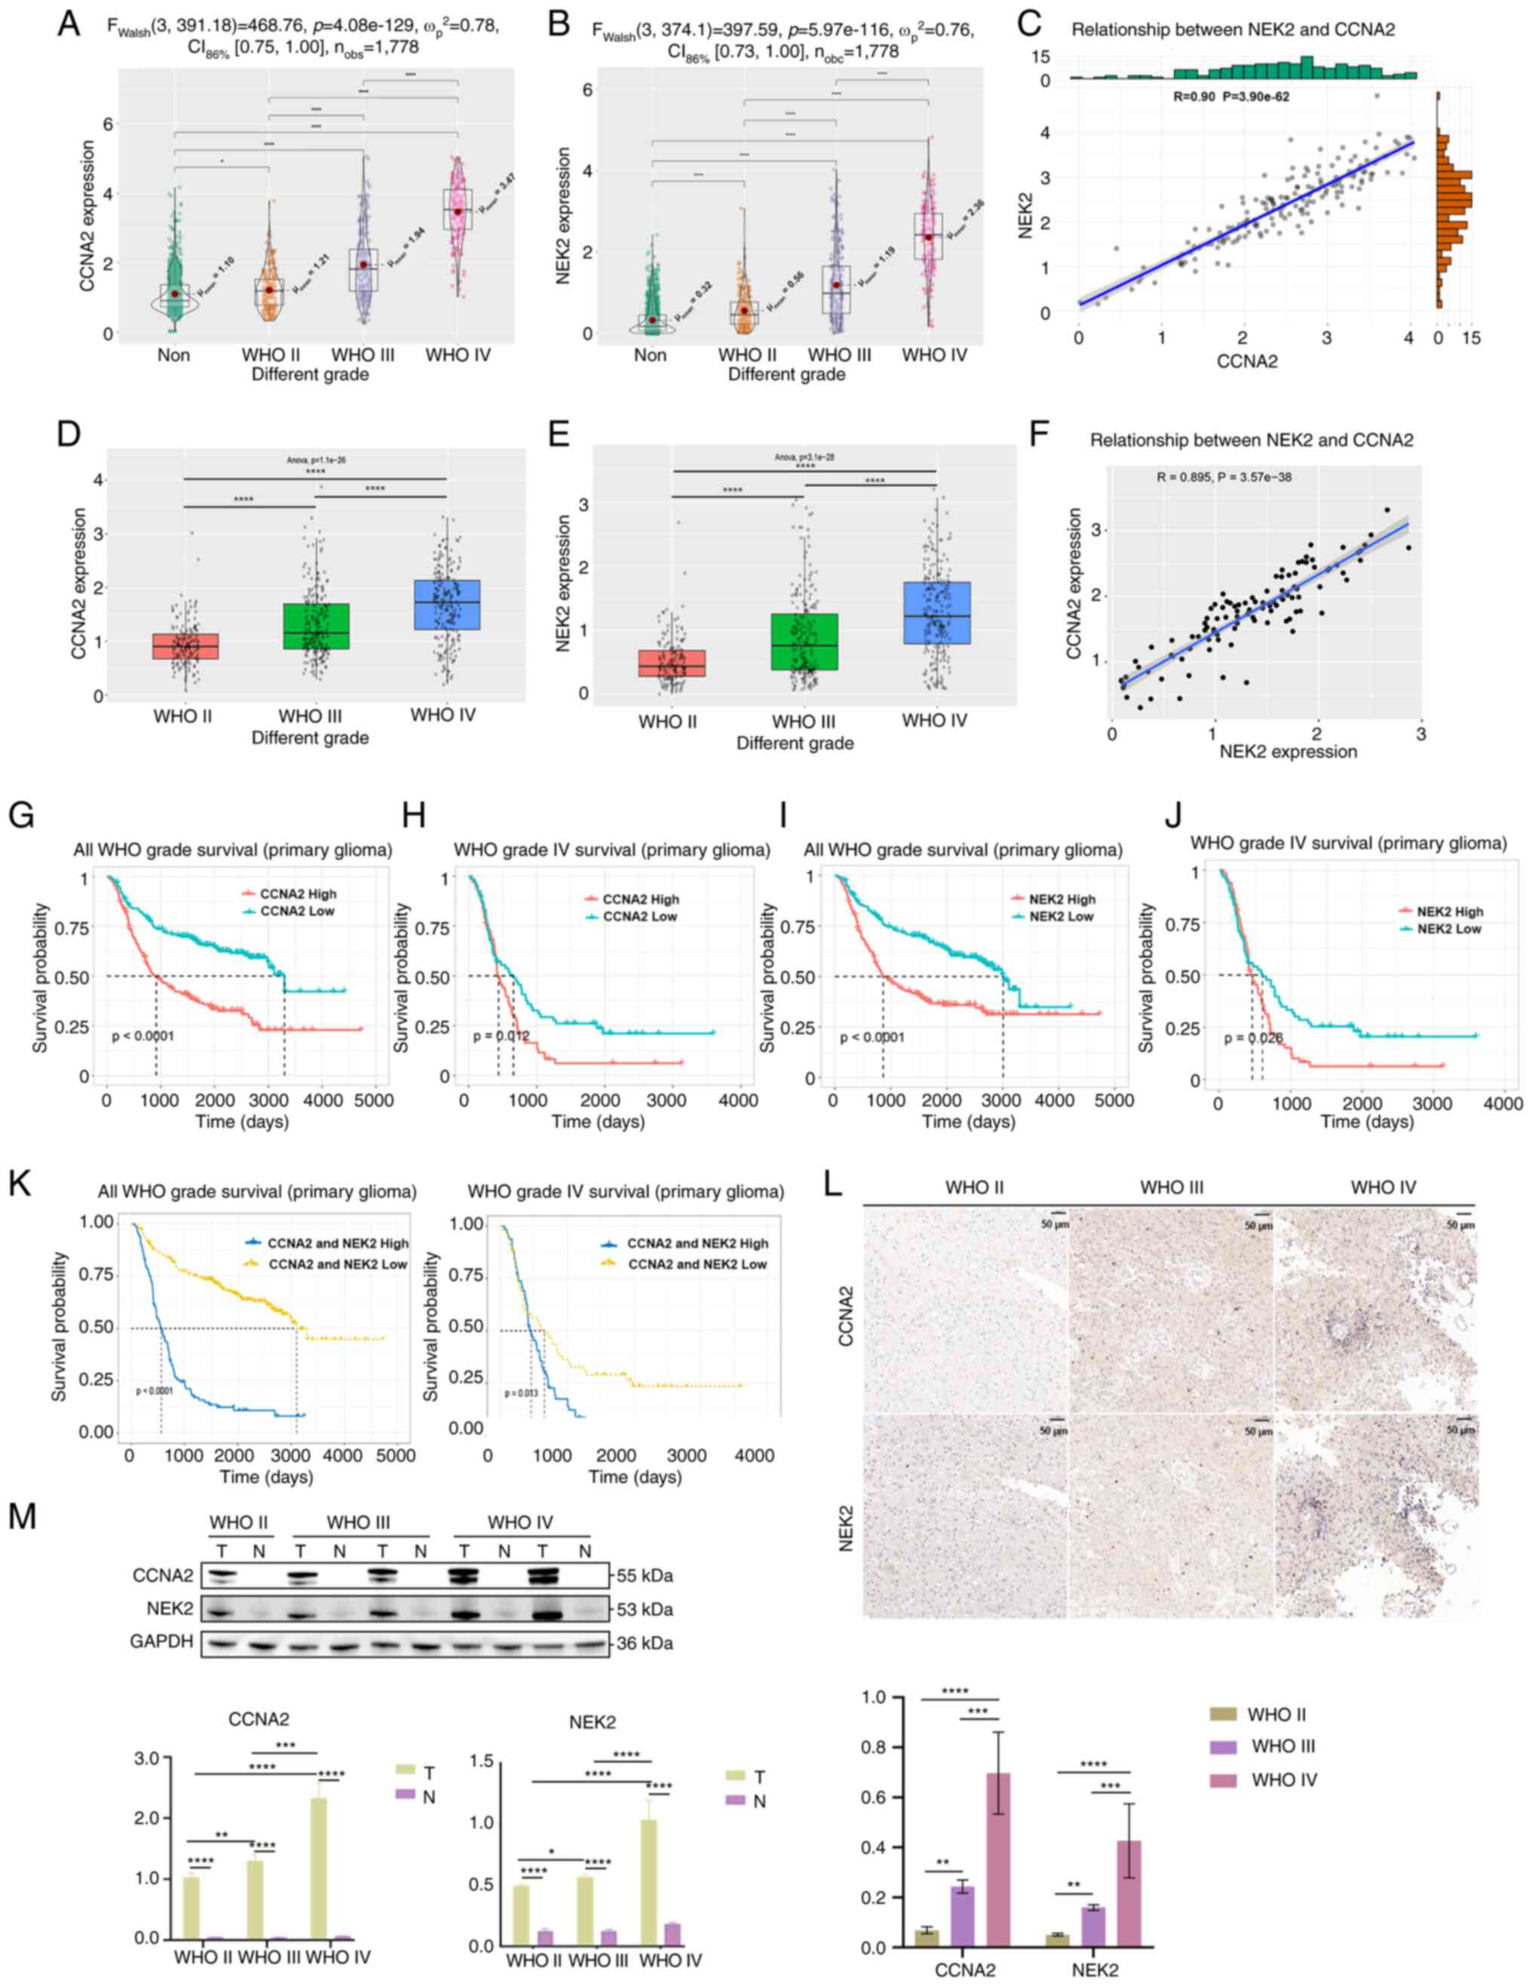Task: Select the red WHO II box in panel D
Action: tap(185, 645)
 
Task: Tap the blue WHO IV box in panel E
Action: tap(936, 612)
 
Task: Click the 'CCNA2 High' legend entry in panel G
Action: tap(297, 894)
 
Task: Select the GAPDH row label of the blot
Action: tap(164, 1643)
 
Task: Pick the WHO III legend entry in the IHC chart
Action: tap(1283, 1746)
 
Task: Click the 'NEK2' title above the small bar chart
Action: tap(592, 1721)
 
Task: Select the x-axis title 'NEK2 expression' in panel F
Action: tap(1288, 752)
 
